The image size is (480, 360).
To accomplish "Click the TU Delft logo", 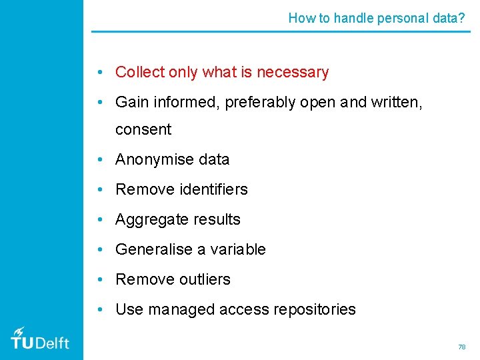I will coord(40,339).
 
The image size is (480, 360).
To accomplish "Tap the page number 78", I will coord(461,347).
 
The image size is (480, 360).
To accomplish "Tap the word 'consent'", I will coord(143,129).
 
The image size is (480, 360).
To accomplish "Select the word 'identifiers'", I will coord(213,189).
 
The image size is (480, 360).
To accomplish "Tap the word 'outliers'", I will coord(205,279).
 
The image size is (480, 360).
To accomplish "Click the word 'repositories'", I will coord(314,309).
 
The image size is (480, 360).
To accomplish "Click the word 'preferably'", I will coord(259,103).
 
